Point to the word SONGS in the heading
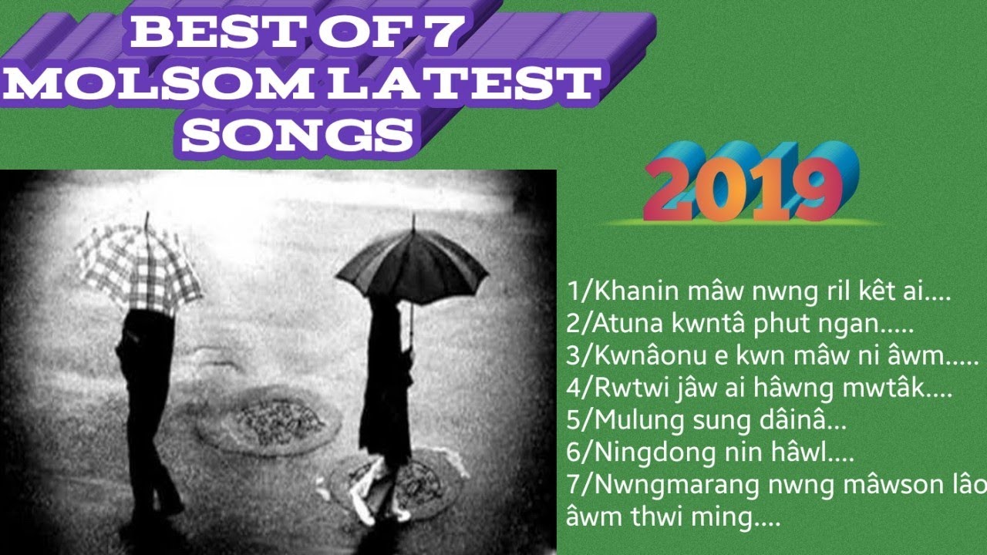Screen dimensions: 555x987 298,133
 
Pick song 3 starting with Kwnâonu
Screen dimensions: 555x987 771,358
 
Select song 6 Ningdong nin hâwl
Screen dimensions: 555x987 709,454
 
